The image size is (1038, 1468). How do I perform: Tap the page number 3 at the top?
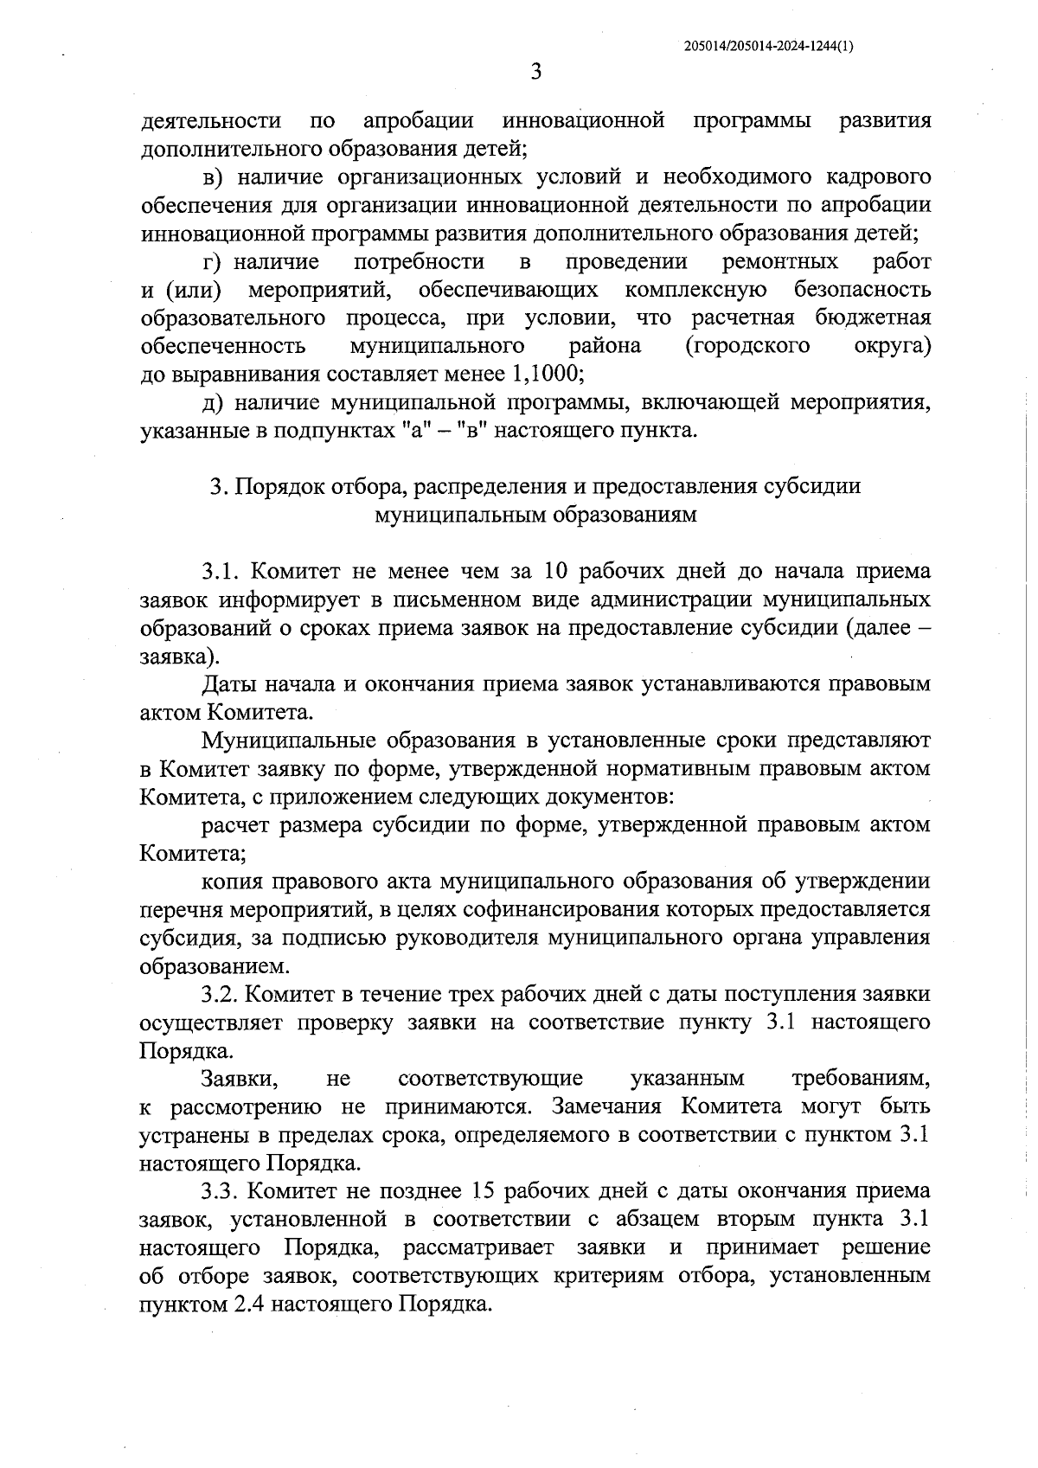tap(535, 73)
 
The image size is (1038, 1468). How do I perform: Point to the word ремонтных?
tap(780, 261)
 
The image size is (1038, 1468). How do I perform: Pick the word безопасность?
tap(862, 290)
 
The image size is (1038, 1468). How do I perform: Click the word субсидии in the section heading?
tap(812, 486)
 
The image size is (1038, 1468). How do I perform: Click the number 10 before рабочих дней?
tap(555, 571)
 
